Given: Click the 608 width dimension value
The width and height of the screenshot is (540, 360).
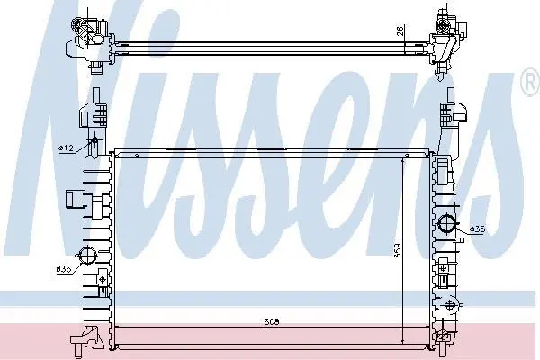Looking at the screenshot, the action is tap(272, 322).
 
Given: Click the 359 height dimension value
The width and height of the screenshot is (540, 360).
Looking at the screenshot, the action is tap(398, 251).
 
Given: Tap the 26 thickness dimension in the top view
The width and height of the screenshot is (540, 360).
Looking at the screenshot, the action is tap(400, 31).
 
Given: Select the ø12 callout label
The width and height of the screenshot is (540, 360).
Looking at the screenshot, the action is tap(66, 148).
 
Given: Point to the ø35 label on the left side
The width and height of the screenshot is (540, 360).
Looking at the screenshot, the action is tap(64, 269).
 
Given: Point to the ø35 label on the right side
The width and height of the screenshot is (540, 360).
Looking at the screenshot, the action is tap(477, 229).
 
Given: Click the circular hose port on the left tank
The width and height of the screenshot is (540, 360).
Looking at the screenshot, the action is tap(87, 256).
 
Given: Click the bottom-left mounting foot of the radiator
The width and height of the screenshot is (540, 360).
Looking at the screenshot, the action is tap(85, 339).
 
